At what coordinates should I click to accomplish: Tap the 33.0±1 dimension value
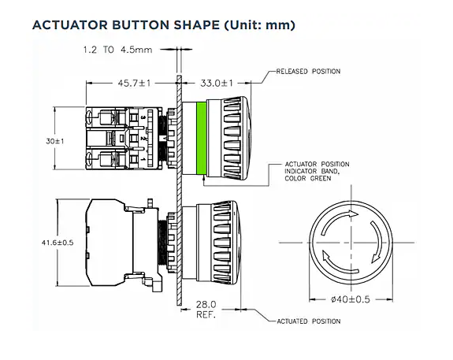click(x=216, y=81)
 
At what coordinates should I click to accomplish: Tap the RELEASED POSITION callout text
click(x=308, y=72)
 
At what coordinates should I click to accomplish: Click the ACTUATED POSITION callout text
click(x=308, y=321)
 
